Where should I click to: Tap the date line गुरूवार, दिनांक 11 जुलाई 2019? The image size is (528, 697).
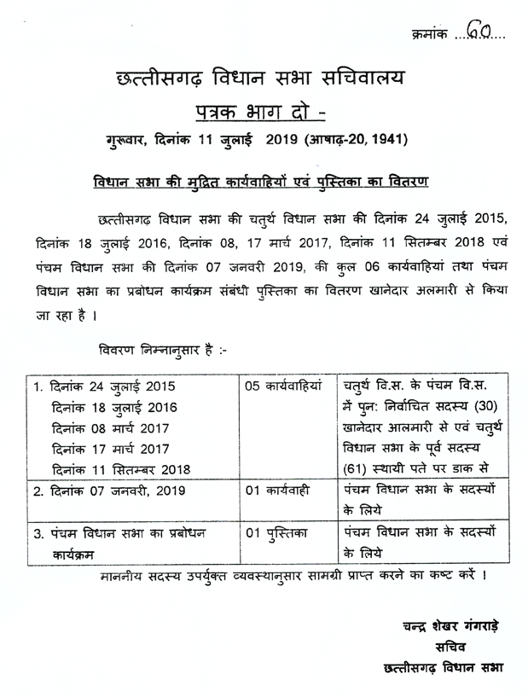tap(264, 139)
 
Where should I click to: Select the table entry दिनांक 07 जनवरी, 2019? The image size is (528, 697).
tap(114, 491)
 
